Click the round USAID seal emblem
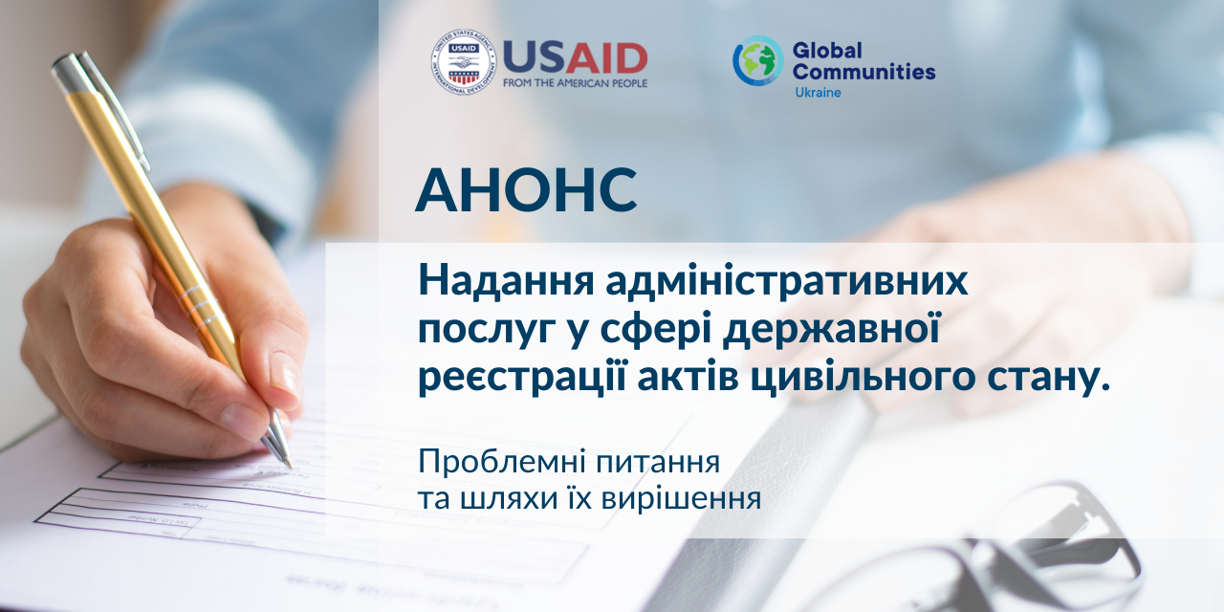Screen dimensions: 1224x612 pos(464,62)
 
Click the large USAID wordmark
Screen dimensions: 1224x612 pos(575,58)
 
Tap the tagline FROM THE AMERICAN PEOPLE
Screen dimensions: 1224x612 pos(575,83)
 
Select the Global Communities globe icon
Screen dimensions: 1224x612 pos(758,60)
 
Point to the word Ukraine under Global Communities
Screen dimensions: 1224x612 pos(818,93)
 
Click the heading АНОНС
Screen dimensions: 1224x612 pos(526,189)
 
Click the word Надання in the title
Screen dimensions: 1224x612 pos(506,281)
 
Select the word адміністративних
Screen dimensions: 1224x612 pos(786,281)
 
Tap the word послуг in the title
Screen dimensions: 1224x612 pos(487,330)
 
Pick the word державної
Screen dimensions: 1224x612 pos(831,329)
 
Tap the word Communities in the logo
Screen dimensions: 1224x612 pos(863,72)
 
